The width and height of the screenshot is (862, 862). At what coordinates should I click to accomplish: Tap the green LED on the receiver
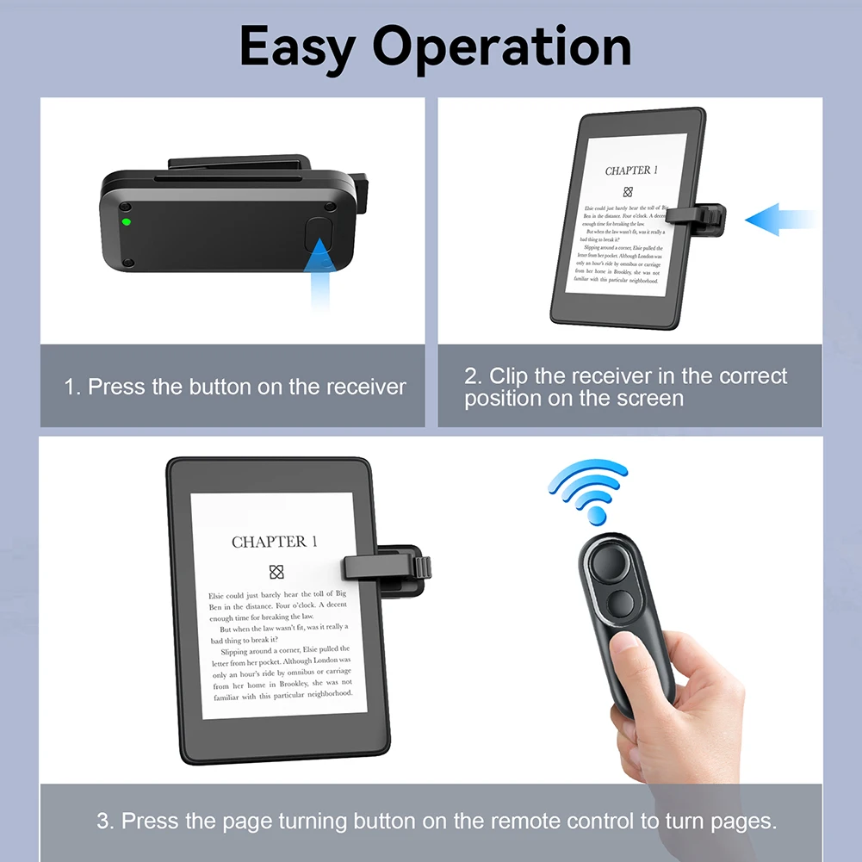tap(126, 222)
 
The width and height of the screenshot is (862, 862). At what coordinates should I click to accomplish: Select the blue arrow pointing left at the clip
tap(778, 220)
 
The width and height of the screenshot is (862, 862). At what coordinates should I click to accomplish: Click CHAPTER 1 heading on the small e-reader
tap(631, 171)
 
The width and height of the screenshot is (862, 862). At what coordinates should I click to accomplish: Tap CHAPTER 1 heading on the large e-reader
tap(275, 542)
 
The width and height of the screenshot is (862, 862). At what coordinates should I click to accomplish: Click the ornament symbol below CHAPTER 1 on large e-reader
tap(276, 572)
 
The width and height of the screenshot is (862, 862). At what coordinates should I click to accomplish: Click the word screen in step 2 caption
tap(650, 399)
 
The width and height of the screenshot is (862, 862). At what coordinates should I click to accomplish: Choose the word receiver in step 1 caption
tap(362, 388)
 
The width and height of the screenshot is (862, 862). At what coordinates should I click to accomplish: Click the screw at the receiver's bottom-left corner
tap(127, 262)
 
